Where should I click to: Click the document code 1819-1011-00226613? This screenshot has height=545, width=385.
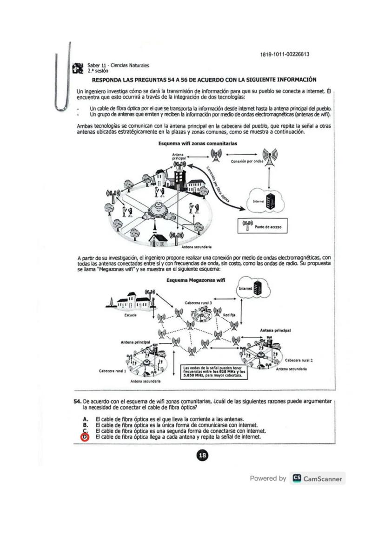[285, 54]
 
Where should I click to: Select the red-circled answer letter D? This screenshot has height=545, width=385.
[85, 437]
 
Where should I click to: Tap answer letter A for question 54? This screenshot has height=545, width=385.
[85, 419]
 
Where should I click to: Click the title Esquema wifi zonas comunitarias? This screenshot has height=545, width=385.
[198, 144]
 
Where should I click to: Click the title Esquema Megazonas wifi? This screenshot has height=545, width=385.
[195, 280]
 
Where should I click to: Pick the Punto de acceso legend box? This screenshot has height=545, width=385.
[263, 227]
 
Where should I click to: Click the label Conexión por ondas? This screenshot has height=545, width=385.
[247, 162]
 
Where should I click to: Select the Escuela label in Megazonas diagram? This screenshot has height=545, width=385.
[130, 314]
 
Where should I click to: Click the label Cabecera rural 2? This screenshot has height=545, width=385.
[298, 360]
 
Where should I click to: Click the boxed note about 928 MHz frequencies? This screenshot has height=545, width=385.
[213, 372]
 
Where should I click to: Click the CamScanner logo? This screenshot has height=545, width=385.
[317, 478]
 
